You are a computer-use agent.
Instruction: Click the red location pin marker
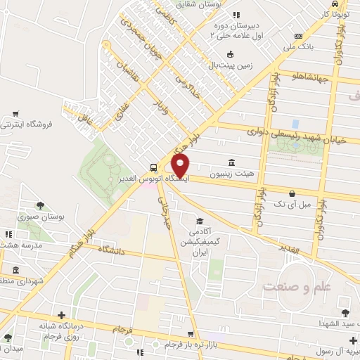click(181, 165)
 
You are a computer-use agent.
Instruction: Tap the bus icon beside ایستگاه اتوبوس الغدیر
click(153, 167)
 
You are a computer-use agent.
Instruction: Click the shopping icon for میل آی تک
click(292, 192)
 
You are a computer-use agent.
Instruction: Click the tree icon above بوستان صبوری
click(40, 205)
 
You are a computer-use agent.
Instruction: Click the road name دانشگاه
click(113, 250)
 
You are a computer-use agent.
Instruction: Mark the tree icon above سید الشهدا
click(345, 311)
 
